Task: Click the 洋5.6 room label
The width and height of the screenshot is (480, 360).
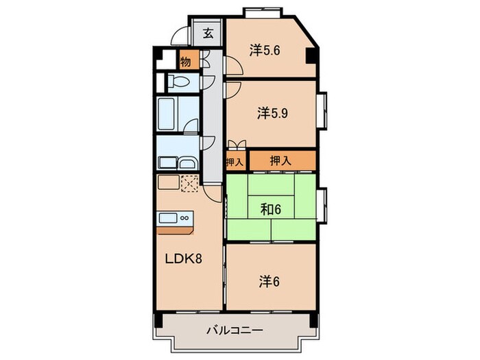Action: tap(265, 50)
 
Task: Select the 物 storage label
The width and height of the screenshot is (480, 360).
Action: tap(186, 62)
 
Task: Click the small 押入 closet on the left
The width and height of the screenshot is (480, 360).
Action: tap(235, 162)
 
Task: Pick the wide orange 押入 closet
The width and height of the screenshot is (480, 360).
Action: tap(281, 161)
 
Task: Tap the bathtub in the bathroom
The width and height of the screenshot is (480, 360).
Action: tap(167, 115)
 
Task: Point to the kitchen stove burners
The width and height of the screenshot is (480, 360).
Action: tap(184, 217)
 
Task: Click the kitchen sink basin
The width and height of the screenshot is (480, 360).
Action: tap(167, 217)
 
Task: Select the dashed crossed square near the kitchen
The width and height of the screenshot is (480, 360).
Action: tap(190, 182)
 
